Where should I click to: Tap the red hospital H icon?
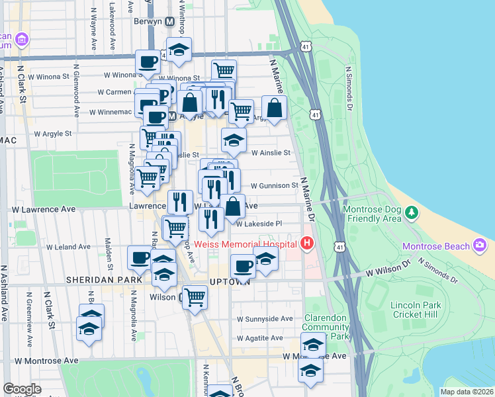point(306,244)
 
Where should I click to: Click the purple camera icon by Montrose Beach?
point(480,246)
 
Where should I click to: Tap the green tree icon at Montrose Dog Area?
point(412,212)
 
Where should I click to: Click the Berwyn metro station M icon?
point(169,21)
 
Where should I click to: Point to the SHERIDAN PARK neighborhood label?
point(103,281)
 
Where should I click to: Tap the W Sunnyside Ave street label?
point(265,319)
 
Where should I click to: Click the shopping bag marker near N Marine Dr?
point(274,108)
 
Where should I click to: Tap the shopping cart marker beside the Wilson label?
point(195,297)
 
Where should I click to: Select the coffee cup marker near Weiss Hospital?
point(243,266)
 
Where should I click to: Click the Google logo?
point(22,389)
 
